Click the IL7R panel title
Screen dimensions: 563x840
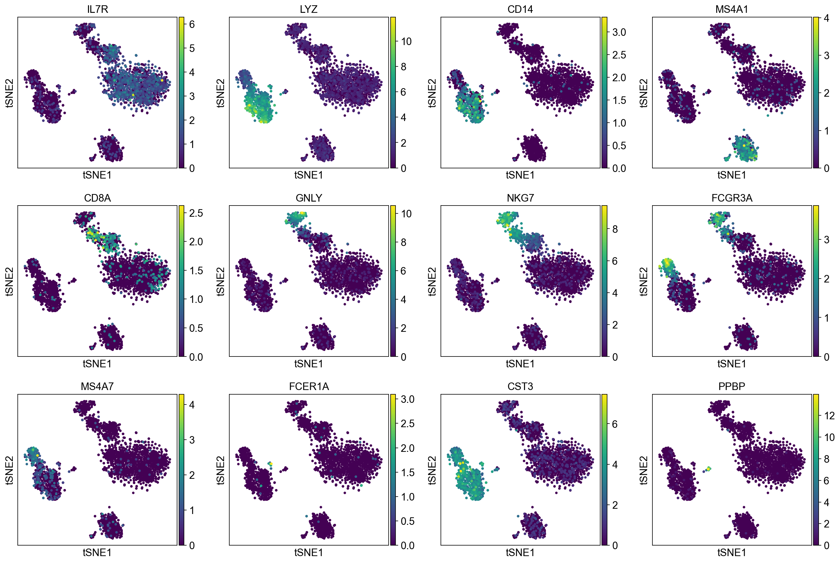(97, 9)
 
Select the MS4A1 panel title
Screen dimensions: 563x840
(732, 9)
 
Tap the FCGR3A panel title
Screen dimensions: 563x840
(732, 198)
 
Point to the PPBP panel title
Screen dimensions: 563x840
(732, 386)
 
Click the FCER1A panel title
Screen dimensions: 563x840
(309, 386)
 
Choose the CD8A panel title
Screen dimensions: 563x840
(97, 198)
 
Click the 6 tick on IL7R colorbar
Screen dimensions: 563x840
(192, 24)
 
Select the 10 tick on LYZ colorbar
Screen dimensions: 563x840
(406, 41)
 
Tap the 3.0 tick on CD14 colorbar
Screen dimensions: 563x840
(619, 32)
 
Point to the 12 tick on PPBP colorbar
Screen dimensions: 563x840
(829, 416)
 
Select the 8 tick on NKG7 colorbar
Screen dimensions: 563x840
(615, 229)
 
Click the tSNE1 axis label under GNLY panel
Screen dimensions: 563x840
(308, 364)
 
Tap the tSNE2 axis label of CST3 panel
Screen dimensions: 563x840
(432, 470)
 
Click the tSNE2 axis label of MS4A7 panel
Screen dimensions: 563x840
(9, 470)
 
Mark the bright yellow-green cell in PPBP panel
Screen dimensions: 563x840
(709, 469)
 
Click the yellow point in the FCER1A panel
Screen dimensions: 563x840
(271, 464)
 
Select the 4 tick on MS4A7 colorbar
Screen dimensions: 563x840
(192, 405)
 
